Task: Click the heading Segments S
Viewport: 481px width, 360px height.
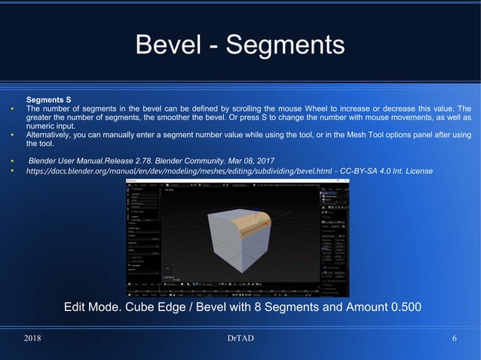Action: coord(48,99)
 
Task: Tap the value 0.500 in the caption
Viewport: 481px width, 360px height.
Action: coord(400,307)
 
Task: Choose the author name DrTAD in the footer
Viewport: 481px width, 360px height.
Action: coord(240,338)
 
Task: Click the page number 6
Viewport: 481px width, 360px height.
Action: coord(455,338)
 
